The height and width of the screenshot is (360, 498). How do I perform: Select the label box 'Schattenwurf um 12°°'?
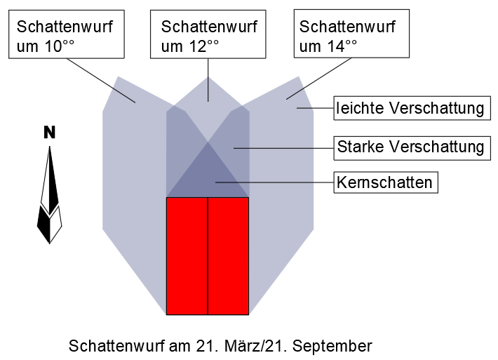(209, 35)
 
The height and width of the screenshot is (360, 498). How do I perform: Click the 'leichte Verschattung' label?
(410, 109)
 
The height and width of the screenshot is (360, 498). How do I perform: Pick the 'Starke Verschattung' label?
(410, 147)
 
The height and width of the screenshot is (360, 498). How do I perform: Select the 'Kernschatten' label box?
(386, 182)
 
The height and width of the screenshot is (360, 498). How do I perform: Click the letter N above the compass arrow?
(49, 133)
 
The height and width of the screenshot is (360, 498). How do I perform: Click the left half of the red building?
(187, 256)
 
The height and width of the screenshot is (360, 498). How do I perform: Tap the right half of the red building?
(229, 256)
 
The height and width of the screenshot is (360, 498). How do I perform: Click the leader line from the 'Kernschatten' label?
(274, 182)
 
